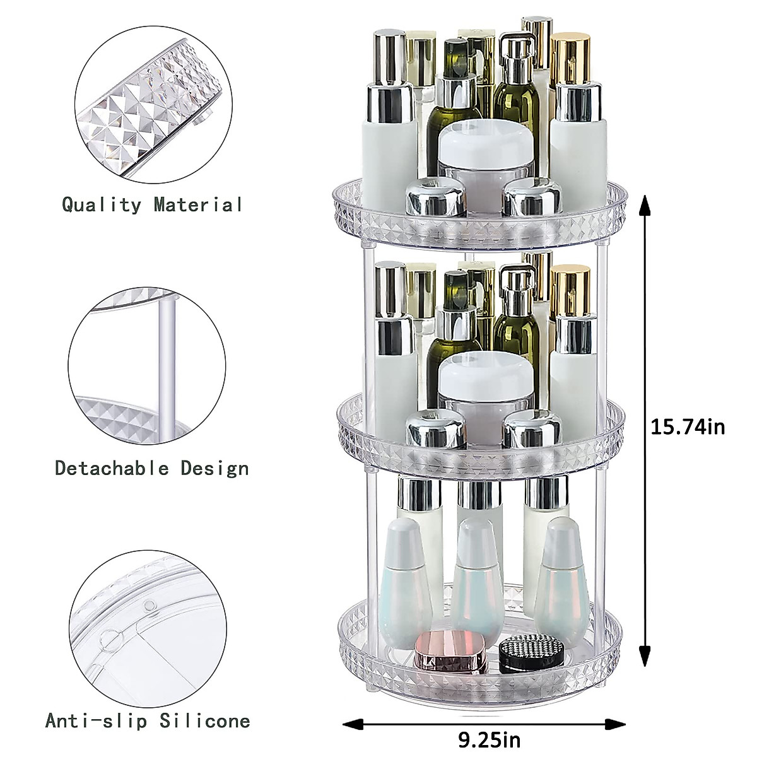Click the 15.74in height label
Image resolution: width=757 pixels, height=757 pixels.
pos(688,427)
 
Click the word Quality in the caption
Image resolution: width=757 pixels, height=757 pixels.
pos(102,204)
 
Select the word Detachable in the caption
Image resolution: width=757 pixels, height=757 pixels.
pos(112,468)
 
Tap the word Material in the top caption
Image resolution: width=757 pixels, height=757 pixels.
pos(198,204)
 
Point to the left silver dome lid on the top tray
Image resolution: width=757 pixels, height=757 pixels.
pos(435,197)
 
